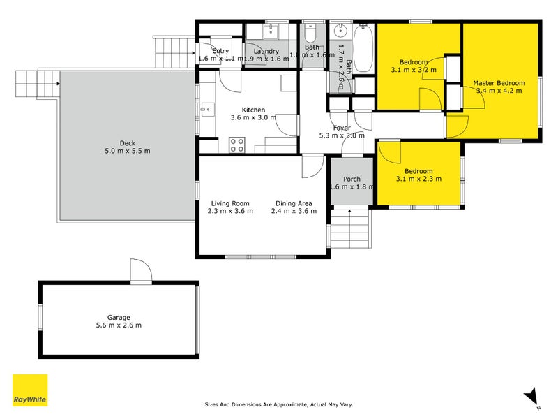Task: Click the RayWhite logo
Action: pos(30,390)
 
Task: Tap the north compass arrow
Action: pos(531,396)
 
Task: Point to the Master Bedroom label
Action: pos(498,83)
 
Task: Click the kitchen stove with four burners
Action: pos(236,145)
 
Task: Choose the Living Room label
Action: pos(230,203)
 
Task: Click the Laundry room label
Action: pos(266,51)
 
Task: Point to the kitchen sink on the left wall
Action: pos(206,110)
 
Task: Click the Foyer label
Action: pos(341,128)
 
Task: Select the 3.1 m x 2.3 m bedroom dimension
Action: pos(418,179)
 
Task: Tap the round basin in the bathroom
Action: pos(341,31)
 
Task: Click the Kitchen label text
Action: pos(253,110)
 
